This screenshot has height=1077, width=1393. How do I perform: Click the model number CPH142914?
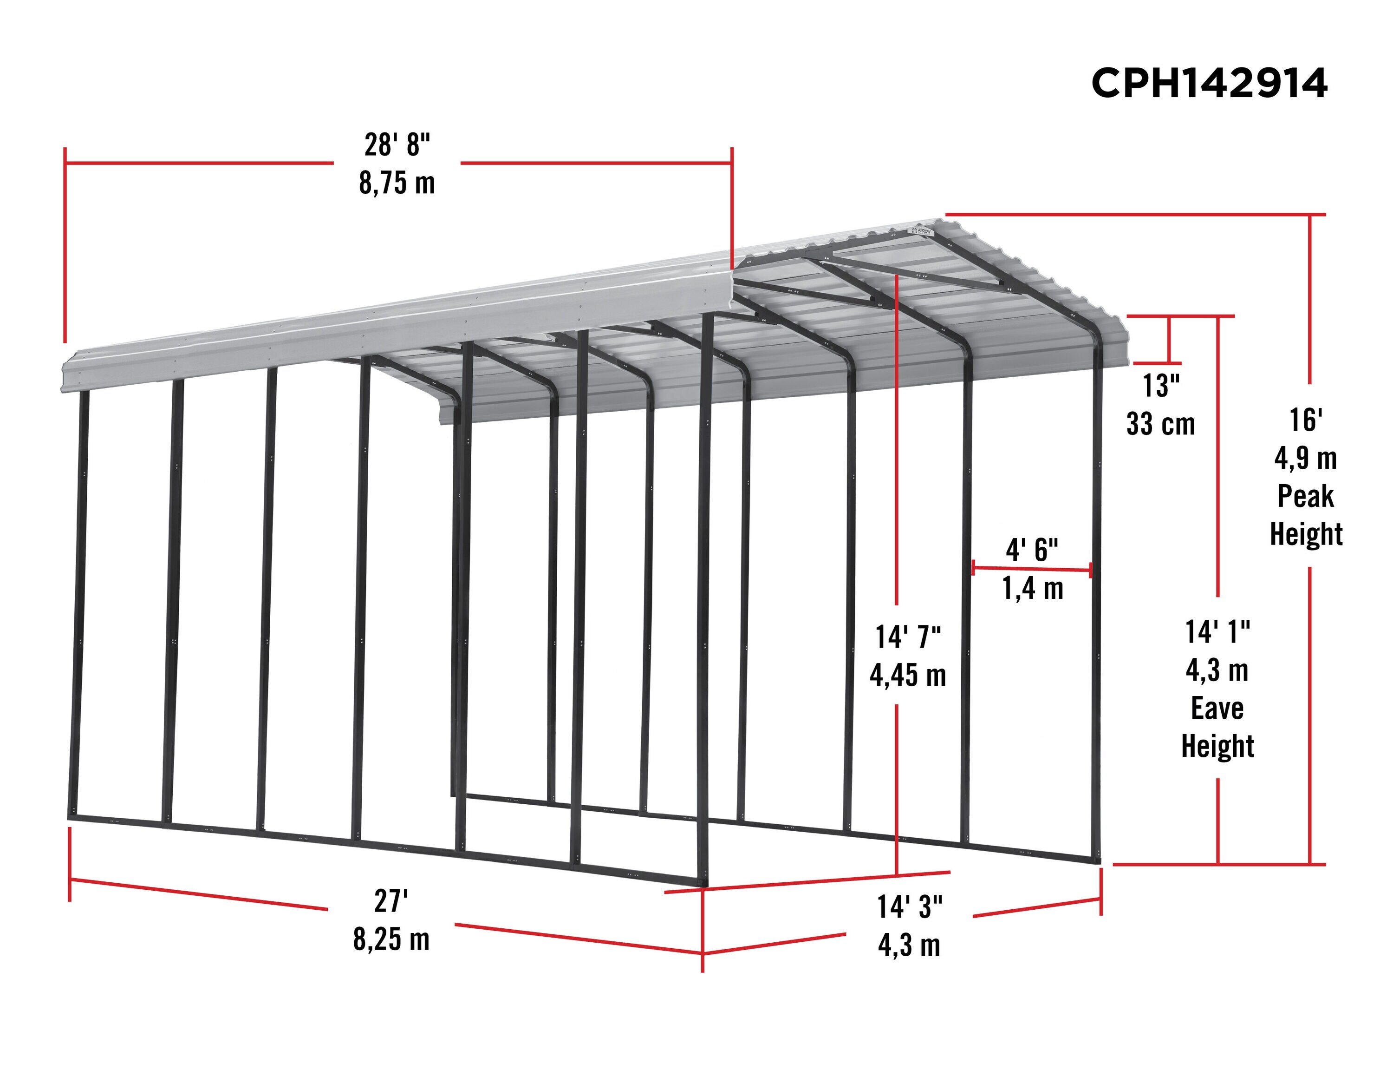pos(1209,84)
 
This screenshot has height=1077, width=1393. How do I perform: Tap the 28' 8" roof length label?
pos(397,145)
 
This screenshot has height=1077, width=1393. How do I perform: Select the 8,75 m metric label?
pos(397,183)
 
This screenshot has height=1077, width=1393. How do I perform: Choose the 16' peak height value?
pos(1305,420)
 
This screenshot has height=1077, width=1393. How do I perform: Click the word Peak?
pos(1305,496)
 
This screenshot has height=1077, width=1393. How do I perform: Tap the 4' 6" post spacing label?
pos(1031,549)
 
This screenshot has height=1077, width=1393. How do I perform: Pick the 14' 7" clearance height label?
pos(907,637)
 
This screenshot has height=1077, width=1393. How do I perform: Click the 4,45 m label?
pos(907,675)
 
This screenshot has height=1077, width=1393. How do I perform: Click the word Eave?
pos(1217,708)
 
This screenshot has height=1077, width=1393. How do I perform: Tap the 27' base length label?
pos(391,901)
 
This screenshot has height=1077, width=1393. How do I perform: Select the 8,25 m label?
pos(391,939)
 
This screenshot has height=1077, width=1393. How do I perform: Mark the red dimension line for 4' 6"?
pos(1031,569)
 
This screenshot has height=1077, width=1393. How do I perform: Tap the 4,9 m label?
pos(1305,458)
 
